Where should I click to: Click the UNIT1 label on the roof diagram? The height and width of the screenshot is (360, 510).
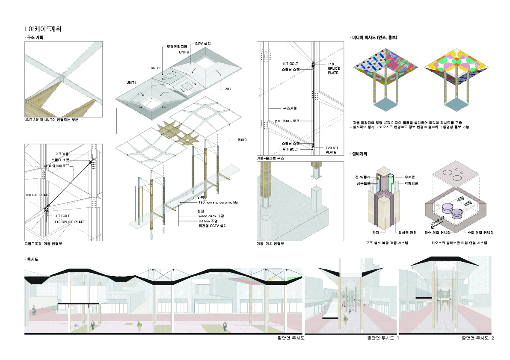pyautogui.click(x=131, y=82)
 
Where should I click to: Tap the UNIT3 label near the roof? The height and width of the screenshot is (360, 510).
pyautogui.click(x=184, y=52)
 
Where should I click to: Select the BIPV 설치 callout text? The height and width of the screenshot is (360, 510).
pyautogui.click(x=203, y=44)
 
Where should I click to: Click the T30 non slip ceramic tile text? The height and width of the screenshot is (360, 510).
pyautogui.click(x=218, y=202)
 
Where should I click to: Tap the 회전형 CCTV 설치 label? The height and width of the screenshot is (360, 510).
pyautogui.click(x=212, y=225)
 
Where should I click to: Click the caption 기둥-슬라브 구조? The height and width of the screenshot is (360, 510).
pyautogui.click(x=270, y=158)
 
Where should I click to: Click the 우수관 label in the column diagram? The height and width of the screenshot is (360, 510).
pyautogui.click(x=409, y=176)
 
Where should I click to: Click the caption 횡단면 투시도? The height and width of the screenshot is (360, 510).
pyautogui.click(x=290, y=338)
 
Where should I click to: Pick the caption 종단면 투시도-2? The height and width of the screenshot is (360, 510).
pyautogui.click(x=477, y=338)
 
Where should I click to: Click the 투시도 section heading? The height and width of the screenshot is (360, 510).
pyautogui.click(x=33, y=260)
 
